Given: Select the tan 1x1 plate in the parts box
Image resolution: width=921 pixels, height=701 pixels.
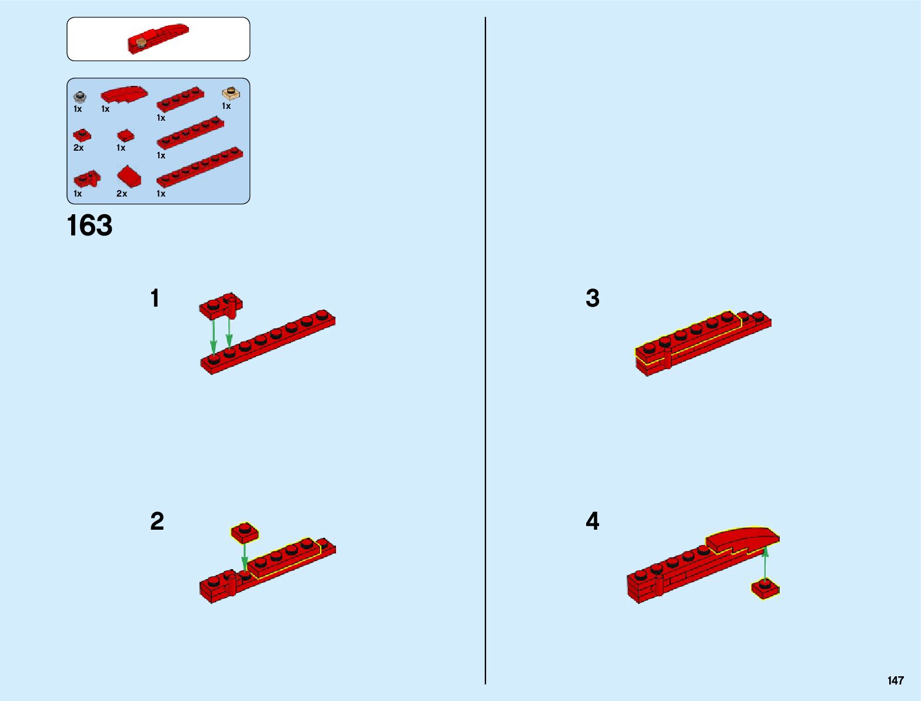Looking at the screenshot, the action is pos(231,93).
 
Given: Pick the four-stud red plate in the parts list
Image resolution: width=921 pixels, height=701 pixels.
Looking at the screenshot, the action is pos(180,99).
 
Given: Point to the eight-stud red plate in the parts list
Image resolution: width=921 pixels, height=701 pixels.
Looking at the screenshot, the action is pos(200,168).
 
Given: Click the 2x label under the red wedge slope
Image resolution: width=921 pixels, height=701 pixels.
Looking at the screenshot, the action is pos(122,194).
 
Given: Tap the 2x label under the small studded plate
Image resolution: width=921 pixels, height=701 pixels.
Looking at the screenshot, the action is pos(78,148).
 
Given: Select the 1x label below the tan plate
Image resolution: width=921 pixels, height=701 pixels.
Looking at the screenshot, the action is pos(226,107).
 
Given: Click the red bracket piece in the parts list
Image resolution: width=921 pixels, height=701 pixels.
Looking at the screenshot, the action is pos(87,178).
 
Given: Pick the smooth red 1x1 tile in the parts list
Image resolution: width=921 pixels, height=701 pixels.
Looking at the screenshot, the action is pos(125,137).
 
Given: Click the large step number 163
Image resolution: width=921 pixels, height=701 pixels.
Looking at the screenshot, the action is pos(89,226).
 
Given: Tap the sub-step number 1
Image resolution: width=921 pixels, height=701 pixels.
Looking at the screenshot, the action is pos(155,298).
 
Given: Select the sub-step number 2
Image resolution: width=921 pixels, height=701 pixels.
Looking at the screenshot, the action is pos(157,521).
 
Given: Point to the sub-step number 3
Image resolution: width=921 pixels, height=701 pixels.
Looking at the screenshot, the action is pos(593,298).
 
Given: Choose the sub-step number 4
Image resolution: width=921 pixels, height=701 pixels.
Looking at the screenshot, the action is pos(593,521).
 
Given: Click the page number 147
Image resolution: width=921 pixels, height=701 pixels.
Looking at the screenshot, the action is pos(895,681).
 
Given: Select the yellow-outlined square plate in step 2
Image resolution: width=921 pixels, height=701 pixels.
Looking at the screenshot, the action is pos(244,532).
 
